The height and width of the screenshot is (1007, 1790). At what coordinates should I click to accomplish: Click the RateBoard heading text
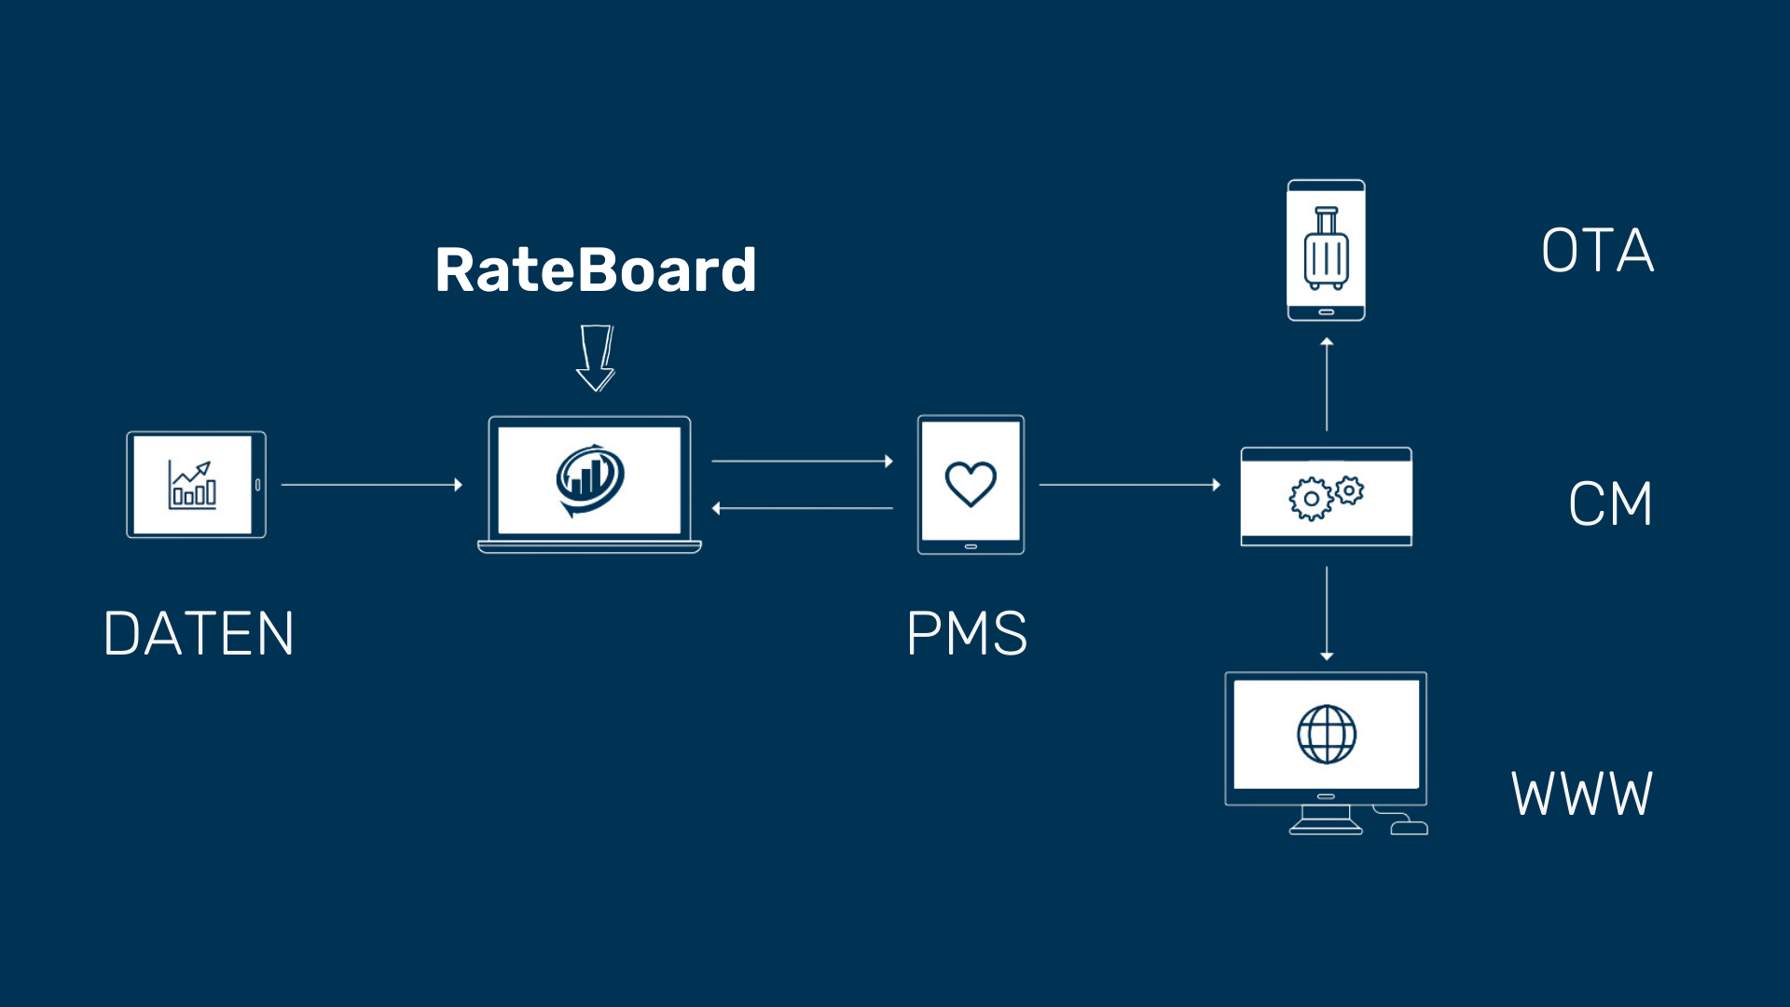(595, 270)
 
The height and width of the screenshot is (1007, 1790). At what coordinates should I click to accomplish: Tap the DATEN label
(199, 634)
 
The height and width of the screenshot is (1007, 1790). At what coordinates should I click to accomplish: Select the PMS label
(967, 634)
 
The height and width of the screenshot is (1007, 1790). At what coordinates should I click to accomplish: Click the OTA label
(1597, 251)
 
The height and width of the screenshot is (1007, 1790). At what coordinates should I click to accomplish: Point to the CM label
(1610, 504)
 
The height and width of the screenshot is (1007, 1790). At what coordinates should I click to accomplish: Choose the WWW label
(1581, 794)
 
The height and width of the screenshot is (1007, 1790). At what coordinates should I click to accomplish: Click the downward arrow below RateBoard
(596, 358)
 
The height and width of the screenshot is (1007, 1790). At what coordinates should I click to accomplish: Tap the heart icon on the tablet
(971, 484)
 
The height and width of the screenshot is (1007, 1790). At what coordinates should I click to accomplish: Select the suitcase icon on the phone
(1326, 249)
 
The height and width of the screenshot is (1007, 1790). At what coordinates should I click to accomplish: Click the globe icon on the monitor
(1326, 734)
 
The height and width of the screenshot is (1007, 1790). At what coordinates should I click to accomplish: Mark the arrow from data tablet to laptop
(371, 485)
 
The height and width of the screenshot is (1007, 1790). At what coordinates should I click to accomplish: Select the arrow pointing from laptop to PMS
(802, 461)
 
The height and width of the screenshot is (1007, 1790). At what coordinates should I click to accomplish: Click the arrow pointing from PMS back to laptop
(802, 508)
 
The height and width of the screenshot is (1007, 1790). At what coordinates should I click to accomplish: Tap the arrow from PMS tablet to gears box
(1129, 485)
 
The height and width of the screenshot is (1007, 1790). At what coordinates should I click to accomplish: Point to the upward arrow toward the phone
(1327, 384)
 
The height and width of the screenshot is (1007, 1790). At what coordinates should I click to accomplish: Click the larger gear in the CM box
(1311, 499)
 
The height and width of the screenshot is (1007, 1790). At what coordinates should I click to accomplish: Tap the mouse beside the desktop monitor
(1409, 827)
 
